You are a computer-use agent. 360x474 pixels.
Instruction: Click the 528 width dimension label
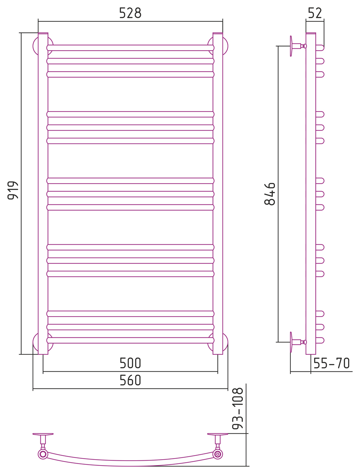click(x=130, y=13)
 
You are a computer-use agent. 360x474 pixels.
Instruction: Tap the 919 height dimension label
click(x=13, y=190)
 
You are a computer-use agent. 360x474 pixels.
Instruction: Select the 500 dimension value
click(x=130, y=363)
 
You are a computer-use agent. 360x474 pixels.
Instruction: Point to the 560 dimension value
click(x=130, y=380)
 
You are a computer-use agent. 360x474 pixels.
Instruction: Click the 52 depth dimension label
click(x=315, y=13)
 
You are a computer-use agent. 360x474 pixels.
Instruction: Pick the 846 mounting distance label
click(x=270, y=194)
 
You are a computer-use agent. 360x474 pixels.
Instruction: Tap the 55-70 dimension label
click(x=332, y=363)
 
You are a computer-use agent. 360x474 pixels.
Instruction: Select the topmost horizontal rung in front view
click(x=130, y=48)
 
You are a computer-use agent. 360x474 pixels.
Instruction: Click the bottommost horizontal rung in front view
click(x=130, y=340)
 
